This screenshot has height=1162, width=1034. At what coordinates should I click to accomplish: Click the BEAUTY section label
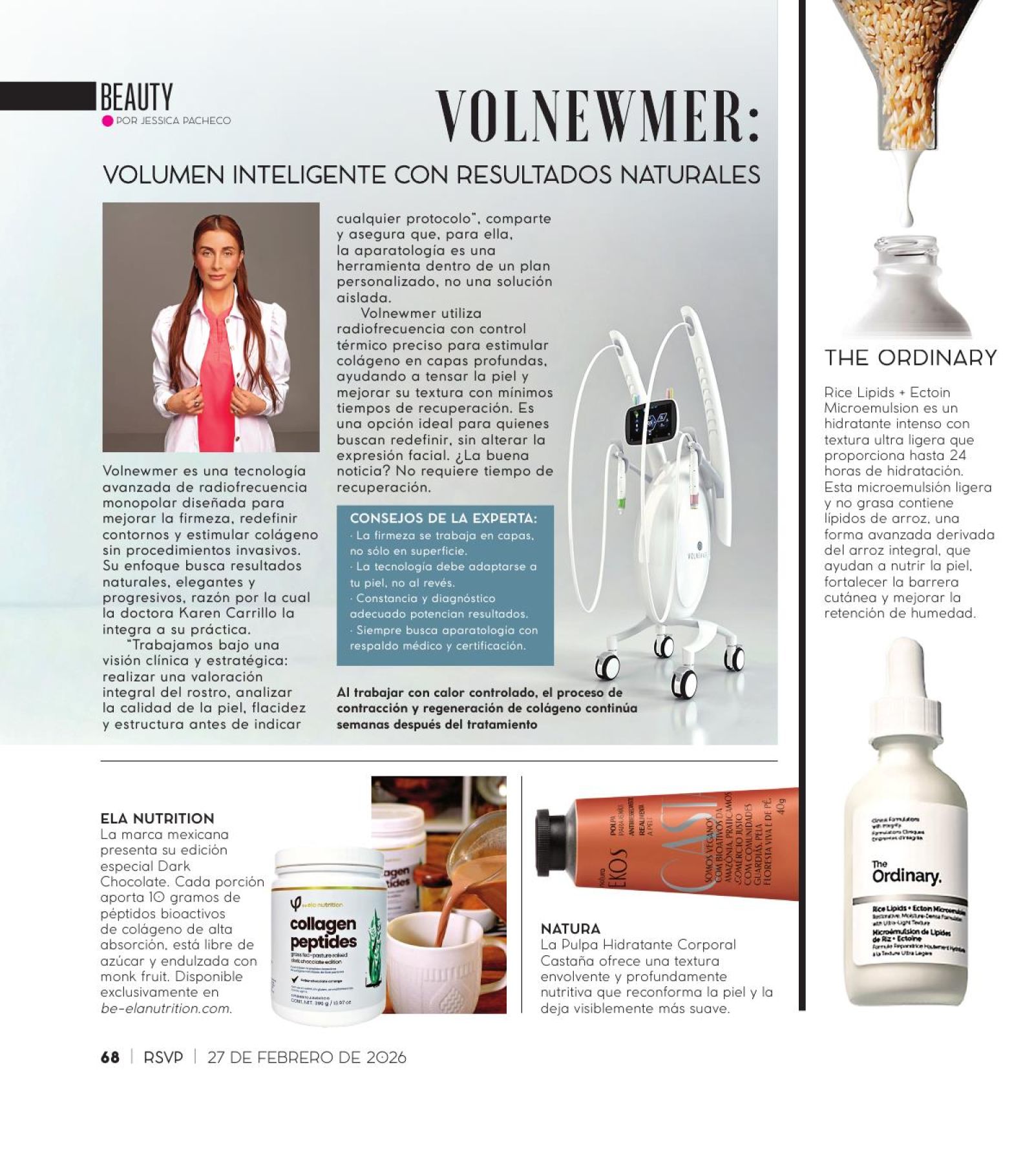[x=136, y=98]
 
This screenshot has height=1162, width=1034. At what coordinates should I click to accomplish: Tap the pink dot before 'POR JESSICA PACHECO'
[x=107, y=121]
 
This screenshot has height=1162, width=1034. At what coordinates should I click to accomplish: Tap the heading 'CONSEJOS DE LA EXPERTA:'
[x=443, y=519]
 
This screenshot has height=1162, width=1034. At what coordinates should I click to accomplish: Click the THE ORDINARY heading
[x=910, y=358]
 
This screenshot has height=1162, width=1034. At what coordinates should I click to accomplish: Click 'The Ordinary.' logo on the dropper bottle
[x=905, y=872]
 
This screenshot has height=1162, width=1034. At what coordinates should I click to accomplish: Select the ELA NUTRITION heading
[x=157, y=818]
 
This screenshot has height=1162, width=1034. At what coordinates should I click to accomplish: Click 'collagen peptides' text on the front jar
[x=323, y=932]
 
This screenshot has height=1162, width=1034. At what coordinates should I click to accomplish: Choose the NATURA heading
[x=570, y=928]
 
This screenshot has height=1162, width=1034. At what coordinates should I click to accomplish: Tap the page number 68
[x=110, y=1057]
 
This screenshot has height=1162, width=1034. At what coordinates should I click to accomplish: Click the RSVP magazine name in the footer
[x=163, y=1057]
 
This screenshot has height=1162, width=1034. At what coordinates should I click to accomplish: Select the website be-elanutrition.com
[x=165, y=1008]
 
